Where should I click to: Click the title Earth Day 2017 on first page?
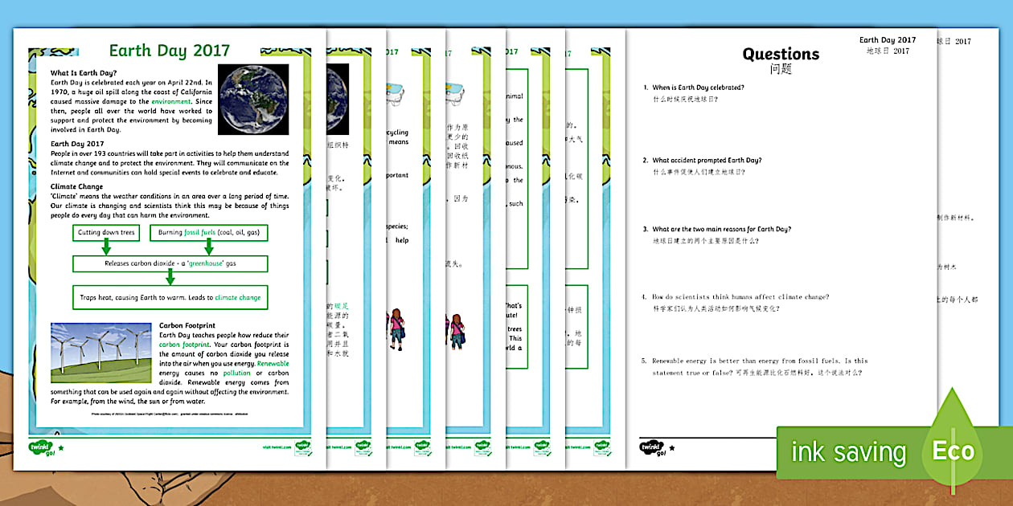click(169, 52)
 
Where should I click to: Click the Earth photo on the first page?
click(254, 100)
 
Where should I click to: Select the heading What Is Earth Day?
click(84, 74)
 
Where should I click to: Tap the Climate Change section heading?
click(76, 186)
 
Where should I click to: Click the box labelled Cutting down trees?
click(106, 233)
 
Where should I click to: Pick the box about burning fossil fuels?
click(207, 233)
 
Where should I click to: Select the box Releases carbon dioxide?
click(170, 263)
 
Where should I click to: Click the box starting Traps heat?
click(170, 297)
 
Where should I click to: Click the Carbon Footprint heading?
click(187, 325)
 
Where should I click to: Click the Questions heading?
click(781, 55)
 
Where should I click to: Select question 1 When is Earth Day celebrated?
click(698, 87)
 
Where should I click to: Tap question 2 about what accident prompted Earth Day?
click(707, 160)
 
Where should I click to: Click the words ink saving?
click(847, 452)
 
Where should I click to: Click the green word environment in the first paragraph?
click(169, 102)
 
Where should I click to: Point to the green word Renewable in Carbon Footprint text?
click(273, 364)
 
